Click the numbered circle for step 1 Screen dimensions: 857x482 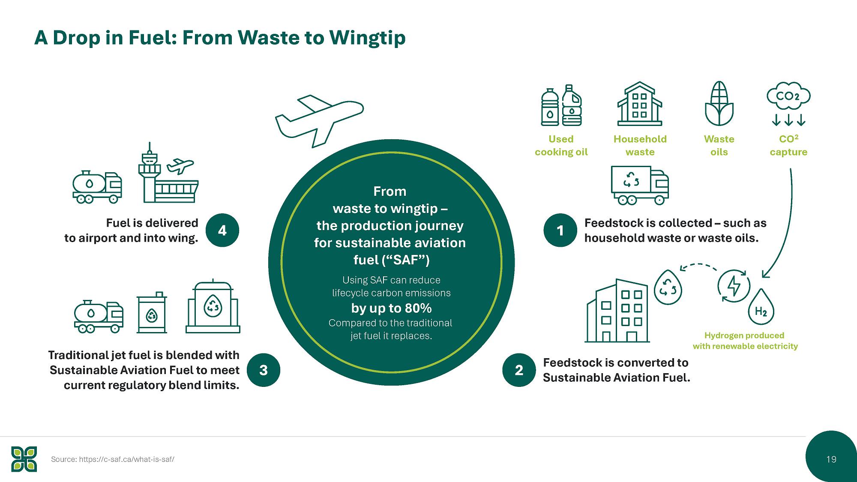(560, 231)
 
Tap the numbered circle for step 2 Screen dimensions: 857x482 (519, 370)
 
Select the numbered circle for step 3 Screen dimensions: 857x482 (264, 370)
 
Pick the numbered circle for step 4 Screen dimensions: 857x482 (222, 231)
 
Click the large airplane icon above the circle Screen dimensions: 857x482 (319, 120)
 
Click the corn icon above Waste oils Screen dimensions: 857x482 (719, 103)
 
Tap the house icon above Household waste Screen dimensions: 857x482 (640, 103)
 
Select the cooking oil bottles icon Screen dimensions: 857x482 (561, 105)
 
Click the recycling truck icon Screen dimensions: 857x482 (640, 185)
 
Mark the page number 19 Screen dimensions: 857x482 (831, 459)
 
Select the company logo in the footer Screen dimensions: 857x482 (24, 459)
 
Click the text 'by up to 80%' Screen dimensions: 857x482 (391, 308)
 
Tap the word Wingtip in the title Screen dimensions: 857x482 (367, 38)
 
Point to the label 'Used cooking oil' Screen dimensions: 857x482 (561, 145)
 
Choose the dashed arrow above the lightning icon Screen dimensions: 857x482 (698, 265)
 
